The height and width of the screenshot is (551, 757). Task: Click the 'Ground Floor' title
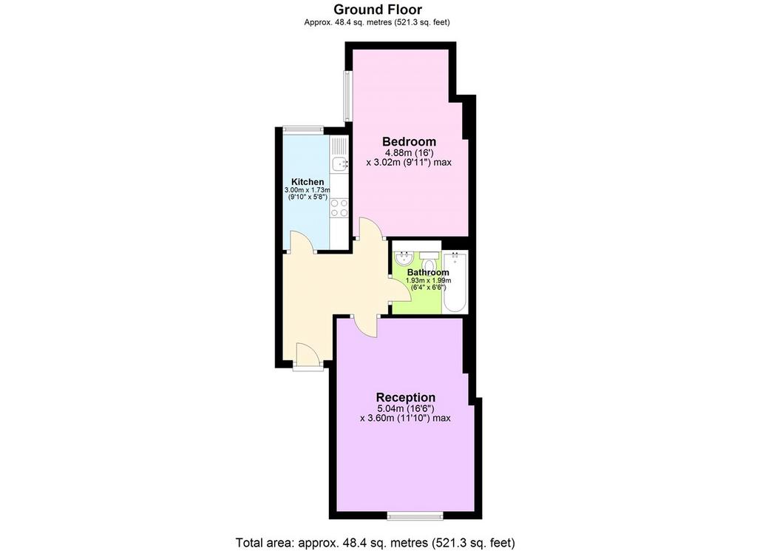click(x=378, y=10)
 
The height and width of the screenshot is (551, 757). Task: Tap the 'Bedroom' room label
click(x=409, y=141)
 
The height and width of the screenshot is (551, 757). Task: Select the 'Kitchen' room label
click(x=308, y=182)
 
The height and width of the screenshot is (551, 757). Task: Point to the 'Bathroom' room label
click(x=428, y=272)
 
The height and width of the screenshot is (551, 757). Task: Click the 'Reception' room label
click(x=406, y=397)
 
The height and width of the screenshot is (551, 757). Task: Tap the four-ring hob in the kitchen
click(x=339, y=208)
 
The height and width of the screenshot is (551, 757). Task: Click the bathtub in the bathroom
click(x=455, y=282)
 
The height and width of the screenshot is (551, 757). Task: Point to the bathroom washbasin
click(x=403, y=258)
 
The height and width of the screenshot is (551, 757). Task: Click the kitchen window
click(x=303, y=129)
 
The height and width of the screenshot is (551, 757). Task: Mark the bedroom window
click(x=347, y=96)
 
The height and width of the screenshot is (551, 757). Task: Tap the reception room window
click(x=415, y=516)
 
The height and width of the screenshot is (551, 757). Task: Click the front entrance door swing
click(x=308, y=355)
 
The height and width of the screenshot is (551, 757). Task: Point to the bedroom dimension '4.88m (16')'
click(x=409, y=152)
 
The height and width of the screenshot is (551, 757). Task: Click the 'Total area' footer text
click(x=375, y=543)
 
